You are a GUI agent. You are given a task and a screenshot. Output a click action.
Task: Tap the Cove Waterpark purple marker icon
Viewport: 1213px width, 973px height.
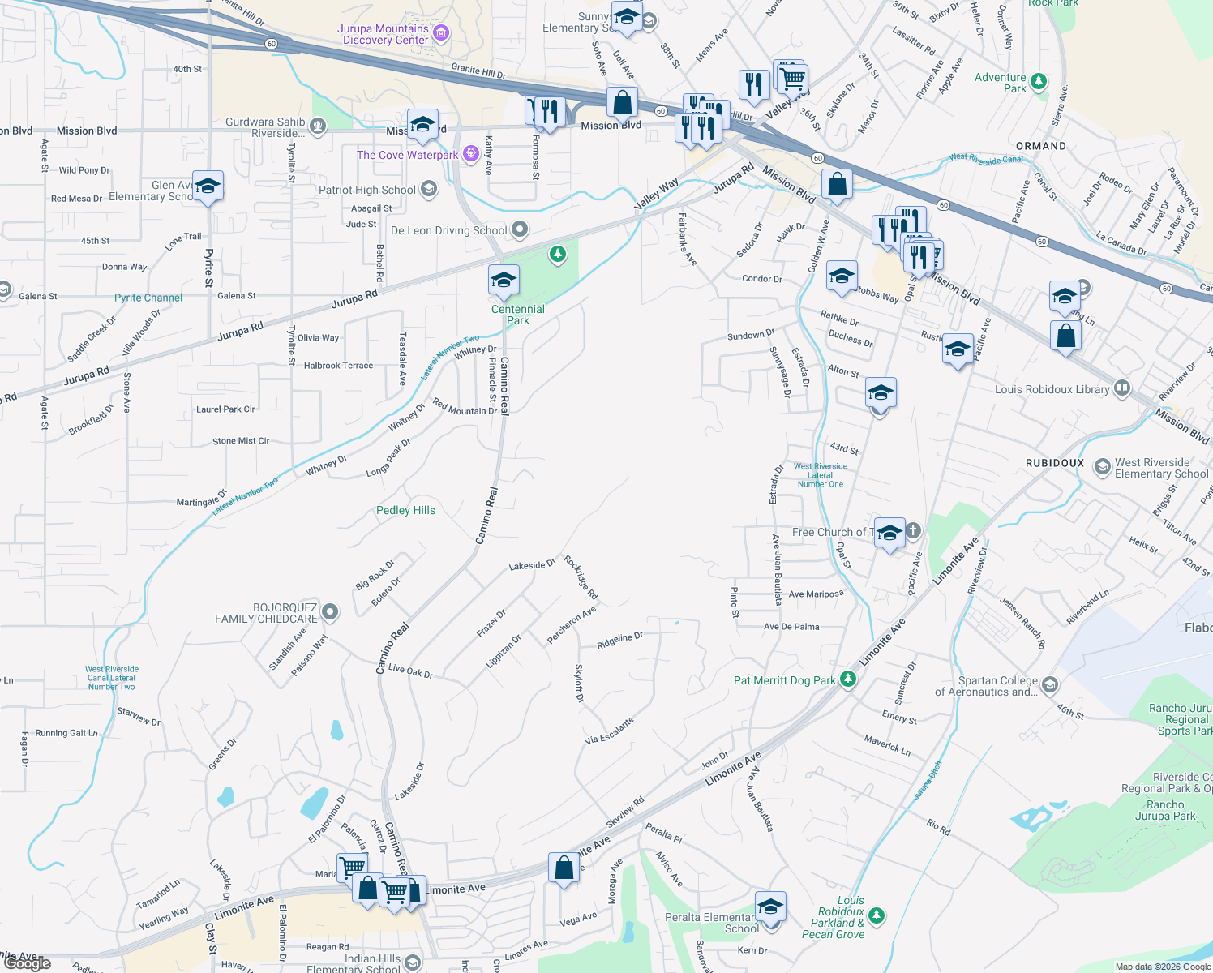coord(471,154)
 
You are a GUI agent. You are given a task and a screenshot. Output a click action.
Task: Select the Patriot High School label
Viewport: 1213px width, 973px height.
coord(366,190)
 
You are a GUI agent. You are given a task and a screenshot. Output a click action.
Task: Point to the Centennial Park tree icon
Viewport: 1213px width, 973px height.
coord(557,255)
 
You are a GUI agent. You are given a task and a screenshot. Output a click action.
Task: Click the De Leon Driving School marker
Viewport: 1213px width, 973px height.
coord(520,230)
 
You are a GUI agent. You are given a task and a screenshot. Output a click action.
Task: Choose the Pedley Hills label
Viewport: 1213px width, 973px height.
coord(405,510)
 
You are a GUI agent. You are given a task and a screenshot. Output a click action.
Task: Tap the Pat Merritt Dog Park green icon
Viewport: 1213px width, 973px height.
coord(848,679)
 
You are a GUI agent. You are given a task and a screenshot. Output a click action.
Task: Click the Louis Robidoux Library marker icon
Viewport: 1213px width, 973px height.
coord(1122,388)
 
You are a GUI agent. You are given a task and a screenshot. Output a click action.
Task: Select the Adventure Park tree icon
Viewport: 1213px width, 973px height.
coord(1038,82)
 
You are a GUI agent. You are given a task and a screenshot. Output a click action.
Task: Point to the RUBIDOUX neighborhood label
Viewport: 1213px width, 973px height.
coord(1054,463)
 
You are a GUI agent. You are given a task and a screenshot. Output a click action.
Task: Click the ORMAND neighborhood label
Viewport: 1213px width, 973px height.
coord(1041,146)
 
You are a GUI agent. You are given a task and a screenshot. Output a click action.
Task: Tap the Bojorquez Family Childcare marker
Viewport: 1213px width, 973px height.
coord(330,611)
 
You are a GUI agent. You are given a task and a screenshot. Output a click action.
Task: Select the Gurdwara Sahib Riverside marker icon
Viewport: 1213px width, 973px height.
coord(318,126)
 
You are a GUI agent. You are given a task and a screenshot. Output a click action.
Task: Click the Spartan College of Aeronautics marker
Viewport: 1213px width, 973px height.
coord(1049,685)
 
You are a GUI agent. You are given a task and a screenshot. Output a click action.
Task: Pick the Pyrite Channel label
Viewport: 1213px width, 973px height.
coord(148,298)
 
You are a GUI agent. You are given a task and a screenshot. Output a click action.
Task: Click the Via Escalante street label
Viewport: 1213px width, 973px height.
coord(609,731)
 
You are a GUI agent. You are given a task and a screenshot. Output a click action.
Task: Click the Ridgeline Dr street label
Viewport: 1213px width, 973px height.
coord(619,640)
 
